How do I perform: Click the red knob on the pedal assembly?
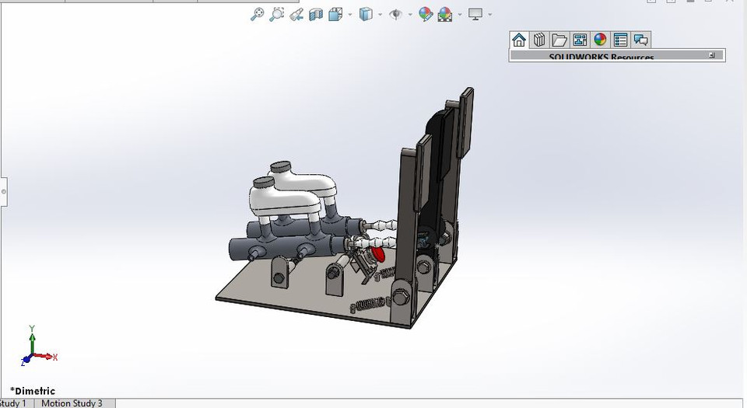point(378,253)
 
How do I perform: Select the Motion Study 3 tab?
point(71,403)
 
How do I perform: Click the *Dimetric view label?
point(32,391)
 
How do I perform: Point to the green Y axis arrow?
point(32,335)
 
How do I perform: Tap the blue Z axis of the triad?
point(26,361)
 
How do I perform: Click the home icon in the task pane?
point(519,40)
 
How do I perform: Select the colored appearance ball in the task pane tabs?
point(600,40)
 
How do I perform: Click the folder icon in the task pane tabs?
point(559,40)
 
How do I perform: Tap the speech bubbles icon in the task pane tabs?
point(640,40)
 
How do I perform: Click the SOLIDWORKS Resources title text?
point(601,57)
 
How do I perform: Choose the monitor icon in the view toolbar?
point(475,14)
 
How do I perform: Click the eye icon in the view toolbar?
point(395,14)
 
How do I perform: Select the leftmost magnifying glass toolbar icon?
point(256,14)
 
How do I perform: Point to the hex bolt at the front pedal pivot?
point(401,295)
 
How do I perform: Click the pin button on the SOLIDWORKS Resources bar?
point(712,55)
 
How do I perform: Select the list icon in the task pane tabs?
point(620,40)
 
